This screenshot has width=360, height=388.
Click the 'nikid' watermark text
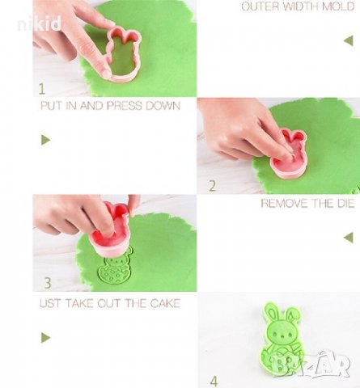click(39, 23)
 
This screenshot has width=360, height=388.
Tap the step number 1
click(41, 89)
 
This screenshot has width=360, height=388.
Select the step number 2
click(213, 186)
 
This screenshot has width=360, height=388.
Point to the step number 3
click(48, 283)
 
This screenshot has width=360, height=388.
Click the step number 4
click(214, 381)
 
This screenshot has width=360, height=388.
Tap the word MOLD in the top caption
click(338, 6)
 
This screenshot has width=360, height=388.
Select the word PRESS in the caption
click(125, 106)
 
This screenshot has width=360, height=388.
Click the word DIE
click(345, 203)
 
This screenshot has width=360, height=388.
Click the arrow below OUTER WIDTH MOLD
click(349, 40)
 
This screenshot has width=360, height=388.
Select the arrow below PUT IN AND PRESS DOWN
click(46, 140)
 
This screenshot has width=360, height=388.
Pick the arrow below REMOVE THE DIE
click(349, 238)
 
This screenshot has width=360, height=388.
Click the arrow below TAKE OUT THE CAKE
click(46, 337)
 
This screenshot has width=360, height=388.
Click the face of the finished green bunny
click(281, 335)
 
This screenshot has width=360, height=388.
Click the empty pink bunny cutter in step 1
click(123, 54)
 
